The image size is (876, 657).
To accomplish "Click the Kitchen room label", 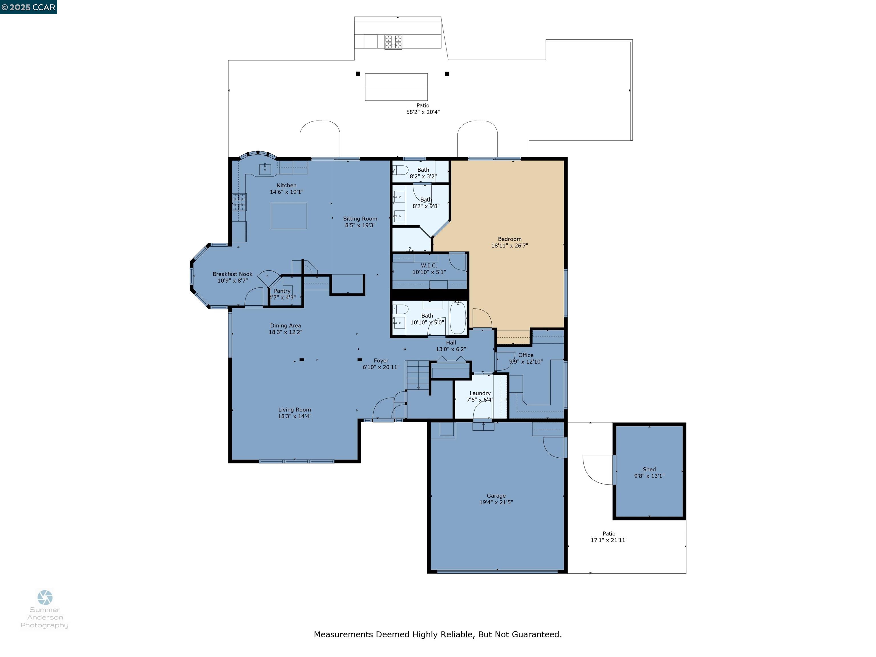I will pos(286,185).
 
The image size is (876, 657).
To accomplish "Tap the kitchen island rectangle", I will pos(289,216).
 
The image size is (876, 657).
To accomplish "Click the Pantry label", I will pos(282,291).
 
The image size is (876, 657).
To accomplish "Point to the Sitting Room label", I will pos(360,219).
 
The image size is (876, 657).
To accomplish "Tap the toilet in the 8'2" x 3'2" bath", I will pos(401,170).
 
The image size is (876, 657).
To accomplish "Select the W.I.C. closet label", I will pos(429,265).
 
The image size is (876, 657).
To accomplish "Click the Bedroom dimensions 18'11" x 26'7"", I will pos(509,246).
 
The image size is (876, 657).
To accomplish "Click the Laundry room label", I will pos(480,393).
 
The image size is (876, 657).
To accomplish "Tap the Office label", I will pos(526,355).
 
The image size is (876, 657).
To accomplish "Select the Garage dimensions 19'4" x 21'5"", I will pos(496,502).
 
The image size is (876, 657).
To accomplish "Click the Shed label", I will pos(649,469).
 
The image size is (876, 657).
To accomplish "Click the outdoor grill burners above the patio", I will pos(393,42).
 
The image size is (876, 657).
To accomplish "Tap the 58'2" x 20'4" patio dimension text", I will pos(423,112).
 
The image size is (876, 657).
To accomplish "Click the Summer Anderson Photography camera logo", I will pos(45,597).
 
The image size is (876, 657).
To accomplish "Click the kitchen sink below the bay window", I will pos(265,169).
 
